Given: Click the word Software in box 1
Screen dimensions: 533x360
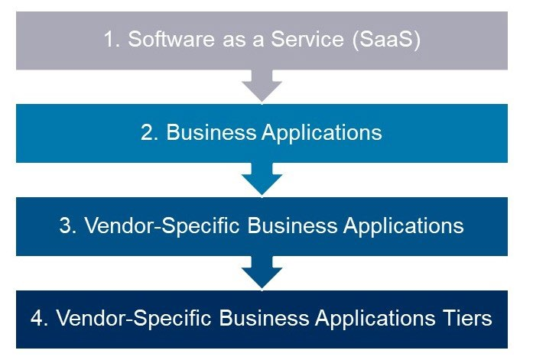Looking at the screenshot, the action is pyautogui.click(x=171, y=39).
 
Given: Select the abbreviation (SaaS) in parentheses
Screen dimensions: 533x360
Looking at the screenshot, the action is pyautogui.click(x=386, y=40).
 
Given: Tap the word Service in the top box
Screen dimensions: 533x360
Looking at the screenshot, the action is pyautogui.click(x=307, y=39).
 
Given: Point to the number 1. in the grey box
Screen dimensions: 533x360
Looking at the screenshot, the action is pyautogui.click(x=112, y=39).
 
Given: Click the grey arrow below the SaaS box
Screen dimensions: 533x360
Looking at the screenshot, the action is pyautogui.click(x=262, y=86).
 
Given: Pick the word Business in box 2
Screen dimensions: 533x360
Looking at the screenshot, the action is pyautogui.click(x=211, y=132).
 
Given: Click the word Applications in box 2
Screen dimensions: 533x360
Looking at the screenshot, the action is pyautogui.click(x=322, y=133).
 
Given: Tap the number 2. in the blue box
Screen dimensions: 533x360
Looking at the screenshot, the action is pyautogui.click(x=150, y=132).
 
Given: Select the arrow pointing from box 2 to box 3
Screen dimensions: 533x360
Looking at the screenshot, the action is pyautogui.click(x=262, y=179).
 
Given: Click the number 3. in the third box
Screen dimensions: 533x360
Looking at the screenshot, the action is pyautogui.click(x=68, y=225).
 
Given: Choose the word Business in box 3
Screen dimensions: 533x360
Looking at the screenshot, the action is pyautogui.click(x=292, y=225).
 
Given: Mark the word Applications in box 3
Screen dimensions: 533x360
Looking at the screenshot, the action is pyautogui.click(x=404, y=226).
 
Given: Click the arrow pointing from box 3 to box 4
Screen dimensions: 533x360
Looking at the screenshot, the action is pyautogui.click(x=262, y=272).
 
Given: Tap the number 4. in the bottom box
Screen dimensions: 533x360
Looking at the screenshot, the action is pyautogui.click(x=40, y=318).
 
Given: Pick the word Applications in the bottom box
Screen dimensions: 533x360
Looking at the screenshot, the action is pyautogui.click(x=375, y=319).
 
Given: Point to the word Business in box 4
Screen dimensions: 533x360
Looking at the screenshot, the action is pyautogui.click(x=264, y=318).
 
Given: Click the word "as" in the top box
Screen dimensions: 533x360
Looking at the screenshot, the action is pyautogui.click(x=235, y=41).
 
